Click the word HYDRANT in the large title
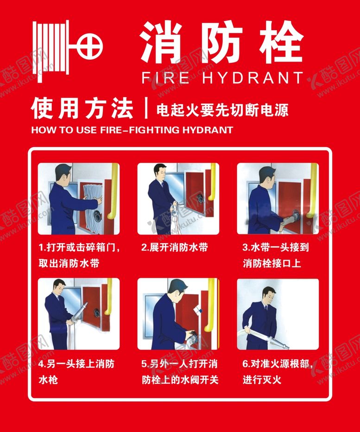click(253, 78)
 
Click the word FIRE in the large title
click(165, 78)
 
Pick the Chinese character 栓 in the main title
click(281, 41)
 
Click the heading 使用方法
click(82, 108)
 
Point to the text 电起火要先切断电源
click(222, 110)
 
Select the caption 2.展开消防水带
click(175, 247)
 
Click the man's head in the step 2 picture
click(160, 172)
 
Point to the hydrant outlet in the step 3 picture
click(296, 215)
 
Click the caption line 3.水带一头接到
click(275, 247)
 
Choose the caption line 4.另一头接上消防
click(76, 363)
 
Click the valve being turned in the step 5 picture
click(192, 336)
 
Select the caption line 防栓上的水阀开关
click(180, 380)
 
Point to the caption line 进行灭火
click(262, 380)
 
